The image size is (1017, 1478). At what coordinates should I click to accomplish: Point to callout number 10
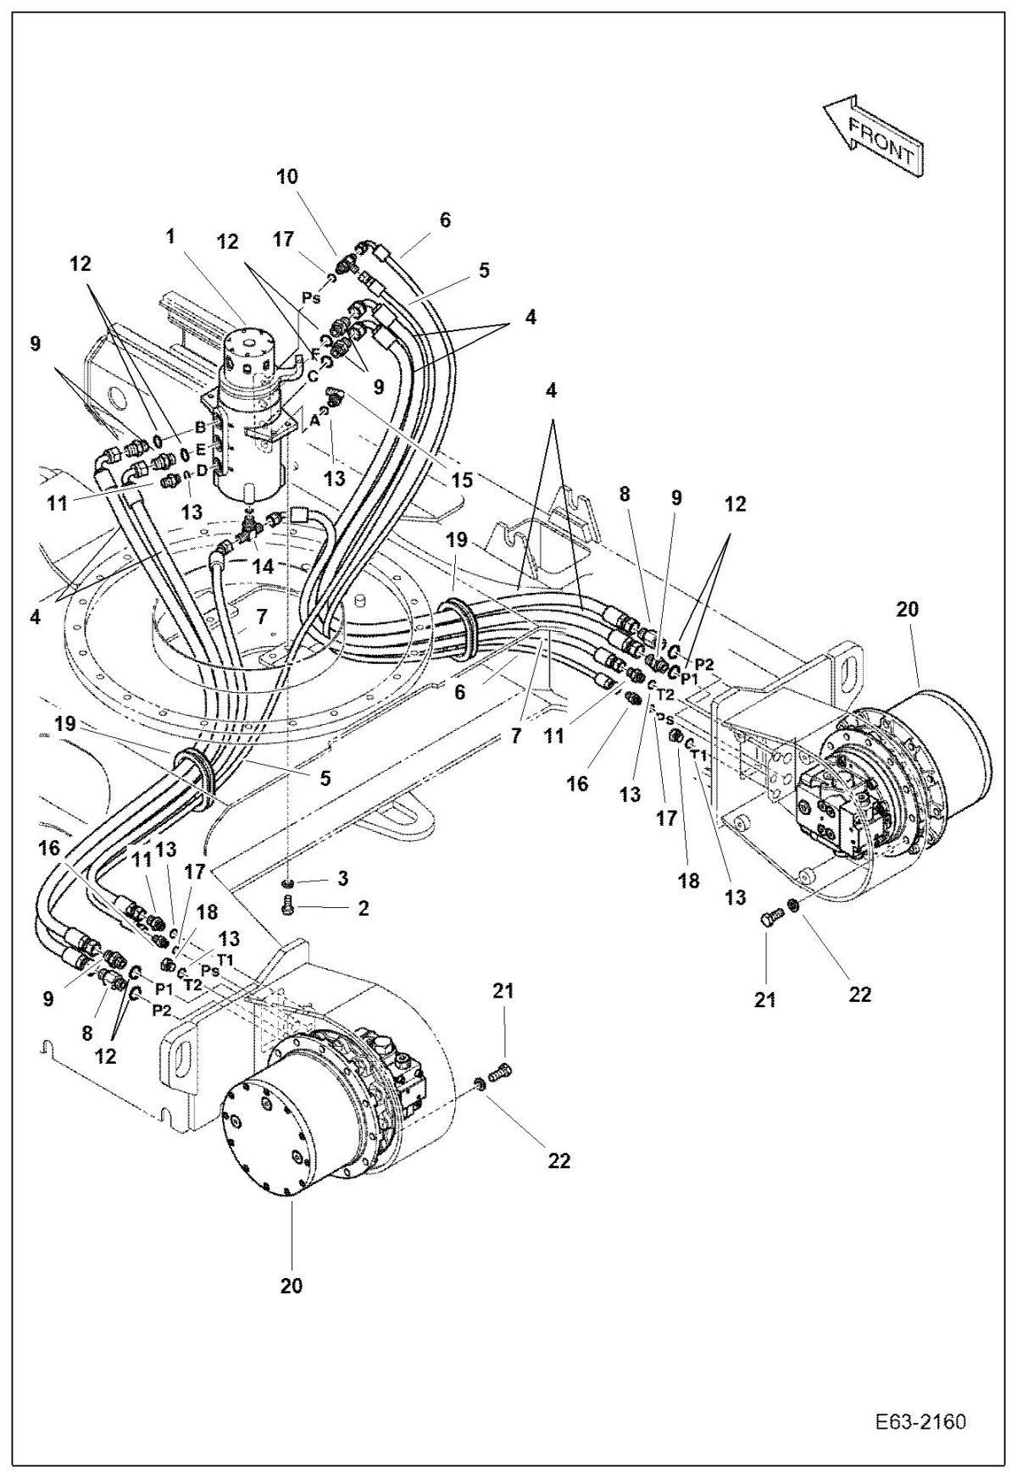(287, 176)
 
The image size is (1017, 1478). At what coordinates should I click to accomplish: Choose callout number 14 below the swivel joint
(264, 567)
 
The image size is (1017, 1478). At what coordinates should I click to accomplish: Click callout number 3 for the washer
(342, 879)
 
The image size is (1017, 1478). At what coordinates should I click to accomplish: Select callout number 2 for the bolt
(364, 910)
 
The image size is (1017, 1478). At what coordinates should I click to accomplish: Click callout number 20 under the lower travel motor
(291, 1286)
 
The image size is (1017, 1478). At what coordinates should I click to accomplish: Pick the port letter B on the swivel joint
(200, 426)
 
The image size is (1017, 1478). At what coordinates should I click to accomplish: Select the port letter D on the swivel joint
(202, 469)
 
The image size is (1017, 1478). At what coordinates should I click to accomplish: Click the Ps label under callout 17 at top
(310, 298)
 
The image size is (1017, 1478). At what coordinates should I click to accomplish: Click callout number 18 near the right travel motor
(688, 880)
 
